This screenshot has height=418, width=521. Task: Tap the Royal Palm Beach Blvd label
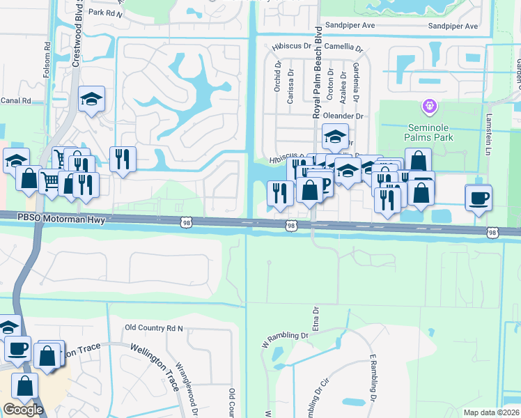pos(318,72)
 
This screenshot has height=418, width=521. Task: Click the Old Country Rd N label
pos(153,327)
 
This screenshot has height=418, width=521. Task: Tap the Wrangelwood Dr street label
pos(184,387)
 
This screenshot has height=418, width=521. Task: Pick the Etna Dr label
pos(315,318)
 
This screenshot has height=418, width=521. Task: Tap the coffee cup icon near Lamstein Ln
pos(479,197)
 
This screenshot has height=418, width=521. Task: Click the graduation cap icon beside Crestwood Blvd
pos(91,100)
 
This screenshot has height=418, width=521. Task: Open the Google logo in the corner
pos(23,410)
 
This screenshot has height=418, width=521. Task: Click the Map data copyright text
pos(492,412)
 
